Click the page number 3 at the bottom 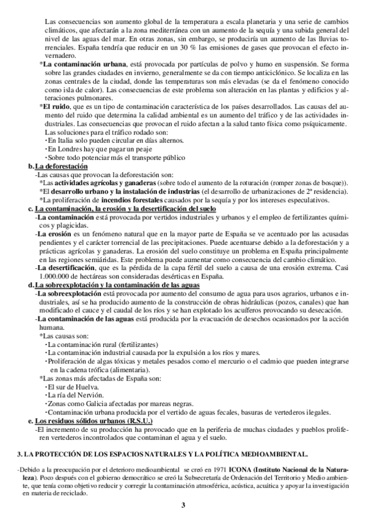183,505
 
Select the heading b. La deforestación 59,167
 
